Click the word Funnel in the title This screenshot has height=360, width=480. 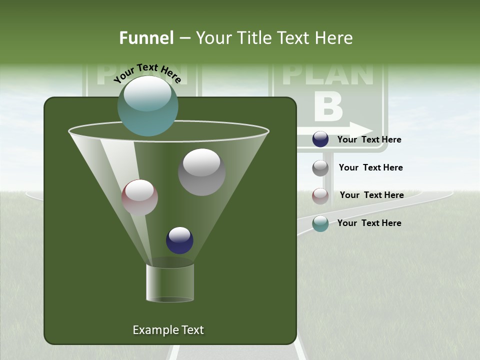click(146, 38)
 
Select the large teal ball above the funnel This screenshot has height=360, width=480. click(148, 105)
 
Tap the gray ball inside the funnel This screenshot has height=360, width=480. click(201, 172)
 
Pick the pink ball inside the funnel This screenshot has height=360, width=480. click(139, 197)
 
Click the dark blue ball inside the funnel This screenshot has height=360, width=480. click(179, 240)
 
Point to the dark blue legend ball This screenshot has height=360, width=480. click(320, 139)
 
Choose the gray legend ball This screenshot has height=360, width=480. click(320, 168)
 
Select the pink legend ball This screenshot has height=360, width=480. click(320, 196)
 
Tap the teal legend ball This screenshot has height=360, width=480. click(320, 223)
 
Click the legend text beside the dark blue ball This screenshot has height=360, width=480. click(369, 139)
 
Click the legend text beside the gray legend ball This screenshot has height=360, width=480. click(370, 167)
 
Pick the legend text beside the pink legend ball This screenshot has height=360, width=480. click(371, 195)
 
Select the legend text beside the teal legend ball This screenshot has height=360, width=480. click(369, 223)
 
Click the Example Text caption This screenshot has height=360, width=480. click(168, 330)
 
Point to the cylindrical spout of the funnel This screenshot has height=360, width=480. click(170, 282)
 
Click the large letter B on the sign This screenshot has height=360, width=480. click(328, 106)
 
